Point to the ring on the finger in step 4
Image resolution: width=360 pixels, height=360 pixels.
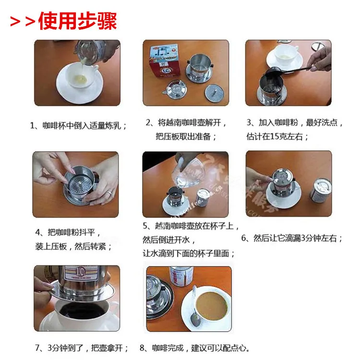click(x=109, y=192)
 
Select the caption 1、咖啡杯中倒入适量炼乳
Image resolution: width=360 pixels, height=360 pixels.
click(x=79, y=126)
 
